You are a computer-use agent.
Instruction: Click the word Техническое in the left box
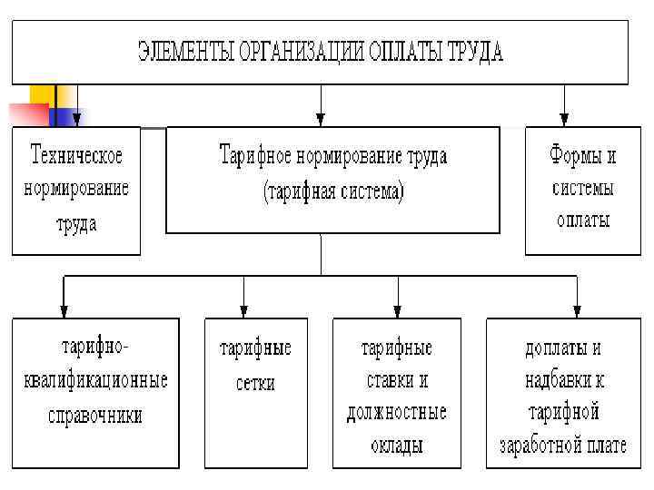[76, 155]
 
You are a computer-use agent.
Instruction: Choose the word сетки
[255, 382]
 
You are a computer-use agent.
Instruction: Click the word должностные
[397, 412]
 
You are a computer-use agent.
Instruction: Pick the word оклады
[397, 445]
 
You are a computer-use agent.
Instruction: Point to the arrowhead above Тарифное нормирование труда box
[320, 119]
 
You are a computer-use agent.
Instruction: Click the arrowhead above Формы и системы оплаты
[564, 119]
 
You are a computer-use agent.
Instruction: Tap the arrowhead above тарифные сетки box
[243, 310]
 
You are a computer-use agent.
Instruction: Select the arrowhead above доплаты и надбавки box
[578, 310]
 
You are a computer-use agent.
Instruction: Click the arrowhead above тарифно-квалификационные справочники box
[63, 310]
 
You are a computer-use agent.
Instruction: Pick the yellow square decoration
[42, 96]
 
